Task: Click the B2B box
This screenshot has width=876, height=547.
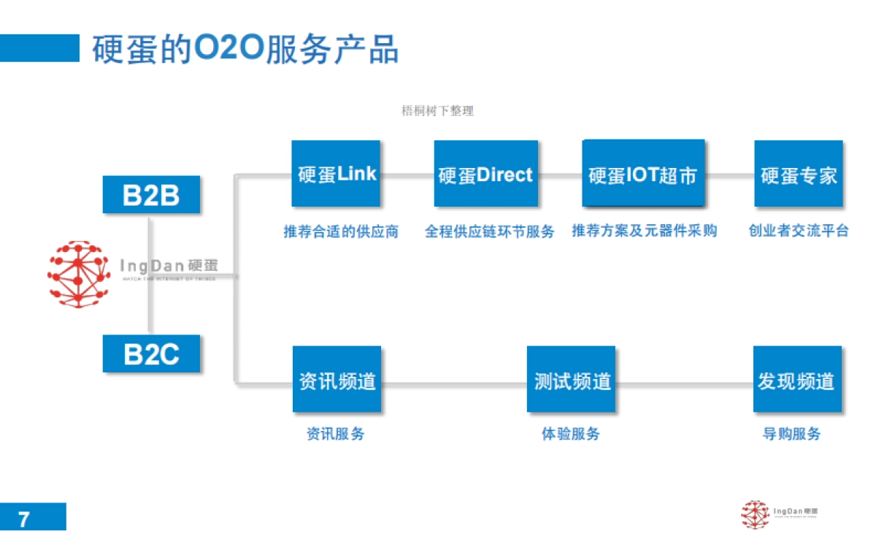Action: coord(151,195)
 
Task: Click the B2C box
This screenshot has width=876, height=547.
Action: coord(151,353)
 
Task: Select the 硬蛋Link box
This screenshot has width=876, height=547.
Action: coord(336,174)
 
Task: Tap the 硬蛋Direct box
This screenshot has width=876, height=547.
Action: coord(485,174)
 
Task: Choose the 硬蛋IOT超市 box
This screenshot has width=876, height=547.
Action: coord(643,174)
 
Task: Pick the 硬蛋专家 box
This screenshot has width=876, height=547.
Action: coord(798,174)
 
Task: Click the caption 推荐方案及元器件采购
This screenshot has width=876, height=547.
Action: coord(644,232)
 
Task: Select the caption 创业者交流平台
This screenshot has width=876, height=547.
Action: coord(799,232)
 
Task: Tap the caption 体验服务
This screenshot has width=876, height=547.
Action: coord(570,434)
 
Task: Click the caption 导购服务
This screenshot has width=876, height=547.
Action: coord(791,434)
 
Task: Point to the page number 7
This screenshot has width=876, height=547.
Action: coord(25,519)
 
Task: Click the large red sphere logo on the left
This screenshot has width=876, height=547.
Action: coord(78,274)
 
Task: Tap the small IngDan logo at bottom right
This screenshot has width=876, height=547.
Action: coord(777,513)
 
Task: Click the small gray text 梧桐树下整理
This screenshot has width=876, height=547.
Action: coord(437,111)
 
